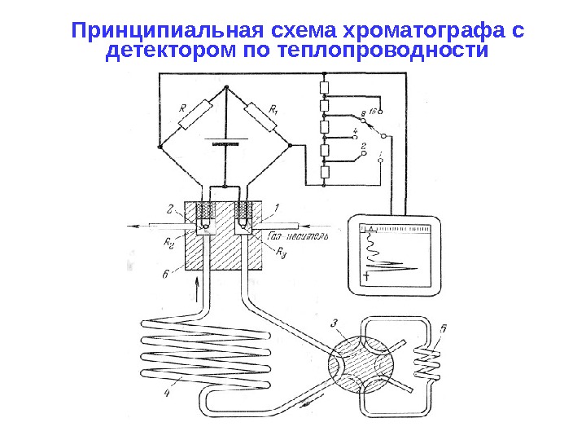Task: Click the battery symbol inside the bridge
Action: click(x=224, y=139)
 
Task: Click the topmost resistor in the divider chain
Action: click(x=324, y=86)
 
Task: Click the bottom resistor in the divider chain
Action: click(x=324, y=171)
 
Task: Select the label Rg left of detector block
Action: click(x=169, y=241)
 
